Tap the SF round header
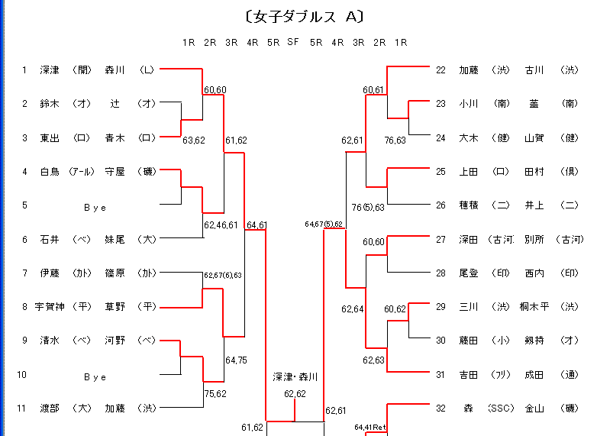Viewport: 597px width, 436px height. click(293, 42)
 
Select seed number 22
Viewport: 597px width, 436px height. click(440, 70)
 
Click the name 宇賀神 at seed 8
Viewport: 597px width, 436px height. click(50, 307)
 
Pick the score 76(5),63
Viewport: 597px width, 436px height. click(368, 208)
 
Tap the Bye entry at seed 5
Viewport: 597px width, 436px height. click(95, 206)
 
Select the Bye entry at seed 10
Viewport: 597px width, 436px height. click(95, 376)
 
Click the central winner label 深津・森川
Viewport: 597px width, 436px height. click(295, 377)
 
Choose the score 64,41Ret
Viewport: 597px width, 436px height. click(370, 428)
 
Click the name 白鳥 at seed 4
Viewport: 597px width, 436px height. click(50, 172)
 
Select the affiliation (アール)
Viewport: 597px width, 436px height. click(82, 172)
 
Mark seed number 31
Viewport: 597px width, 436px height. click(440, 375)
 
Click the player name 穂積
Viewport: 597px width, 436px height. click(469, 205)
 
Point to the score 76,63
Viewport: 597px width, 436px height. click(395, 140)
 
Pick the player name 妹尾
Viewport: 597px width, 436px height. click(115, 240)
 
